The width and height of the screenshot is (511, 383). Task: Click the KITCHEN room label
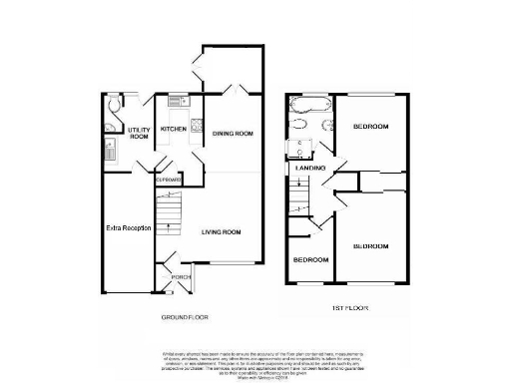[174, 129]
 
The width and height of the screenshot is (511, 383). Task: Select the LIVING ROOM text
[222, 232]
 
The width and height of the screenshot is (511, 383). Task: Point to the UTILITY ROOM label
[139, 134]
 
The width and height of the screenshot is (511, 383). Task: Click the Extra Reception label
[128, 227]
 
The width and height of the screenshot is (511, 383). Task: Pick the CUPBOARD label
[166, 181]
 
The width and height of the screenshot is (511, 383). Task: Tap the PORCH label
[181, 276]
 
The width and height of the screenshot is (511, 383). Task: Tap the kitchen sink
[177, 102]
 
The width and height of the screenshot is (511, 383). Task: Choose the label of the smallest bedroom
[309, 259]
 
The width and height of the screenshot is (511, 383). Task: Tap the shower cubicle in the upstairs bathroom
[296, 148]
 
